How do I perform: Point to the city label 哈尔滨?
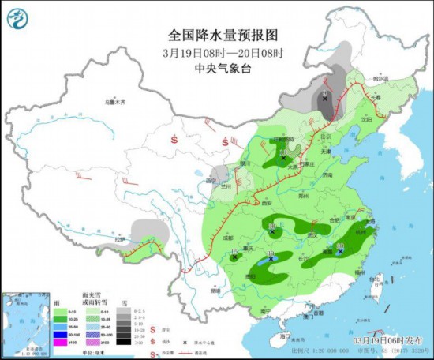381,79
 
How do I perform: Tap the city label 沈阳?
365,119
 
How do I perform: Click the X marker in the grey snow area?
324,99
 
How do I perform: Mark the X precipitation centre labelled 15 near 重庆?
234,257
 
